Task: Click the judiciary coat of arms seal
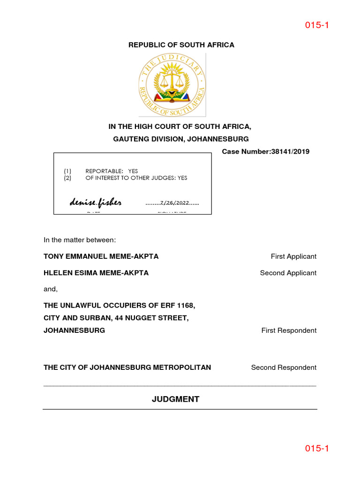tap(172, 85)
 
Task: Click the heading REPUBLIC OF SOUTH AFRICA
tap(181, 45)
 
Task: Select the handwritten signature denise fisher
tap(96, 202)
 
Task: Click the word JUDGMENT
tap(175, 399)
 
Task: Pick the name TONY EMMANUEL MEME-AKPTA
tap(101, 256)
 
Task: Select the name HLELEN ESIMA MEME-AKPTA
tap(96, 273)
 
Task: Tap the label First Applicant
tap(293, 256)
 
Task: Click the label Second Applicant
tap(288, 273)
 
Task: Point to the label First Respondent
tap(289, 330)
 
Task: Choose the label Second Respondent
tap(284, 367)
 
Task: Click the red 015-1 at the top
tap(317, 25)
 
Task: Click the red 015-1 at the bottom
tap(317, 449)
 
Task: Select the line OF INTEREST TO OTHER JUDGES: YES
tap(136, 178)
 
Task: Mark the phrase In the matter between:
tap(79, 240)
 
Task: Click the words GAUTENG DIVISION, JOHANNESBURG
tap(181, 139)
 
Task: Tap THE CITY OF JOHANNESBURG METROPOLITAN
tap(127, 367)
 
